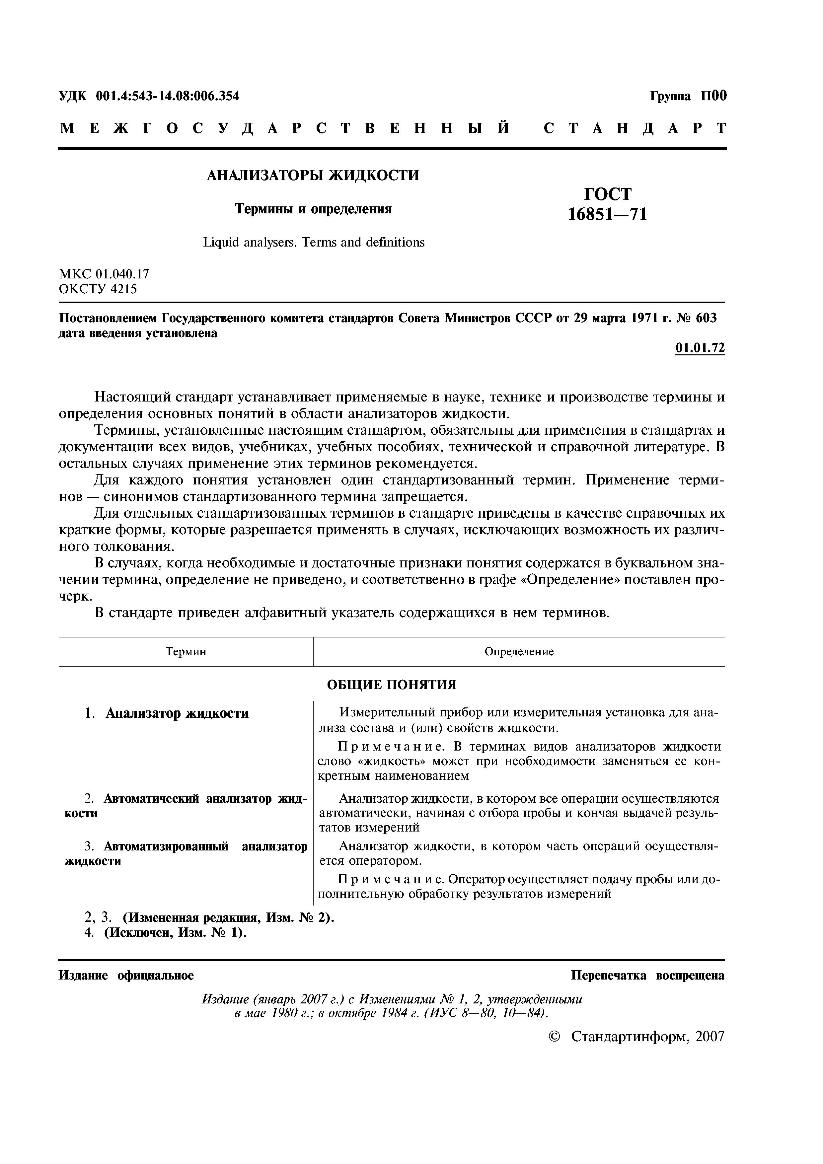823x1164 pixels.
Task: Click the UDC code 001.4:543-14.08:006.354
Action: [167, 96]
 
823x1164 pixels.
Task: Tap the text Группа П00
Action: [688, 96]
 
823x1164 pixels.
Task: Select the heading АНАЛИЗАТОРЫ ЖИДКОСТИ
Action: [313, 176]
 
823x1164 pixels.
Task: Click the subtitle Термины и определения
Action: [313, 209]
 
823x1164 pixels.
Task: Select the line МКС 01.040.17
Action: [104, 274]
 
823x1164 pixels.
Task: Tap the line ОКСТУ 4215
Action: [98, 289]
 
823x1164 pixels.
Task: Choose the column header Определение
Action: [519, 651]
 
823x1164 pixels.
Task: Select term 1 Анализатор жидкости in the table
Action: [177, 713]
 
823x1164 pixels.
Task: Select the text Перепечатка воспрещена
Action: [647, 976]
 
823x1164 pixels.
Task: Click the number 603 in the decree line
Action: [707, 319]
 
